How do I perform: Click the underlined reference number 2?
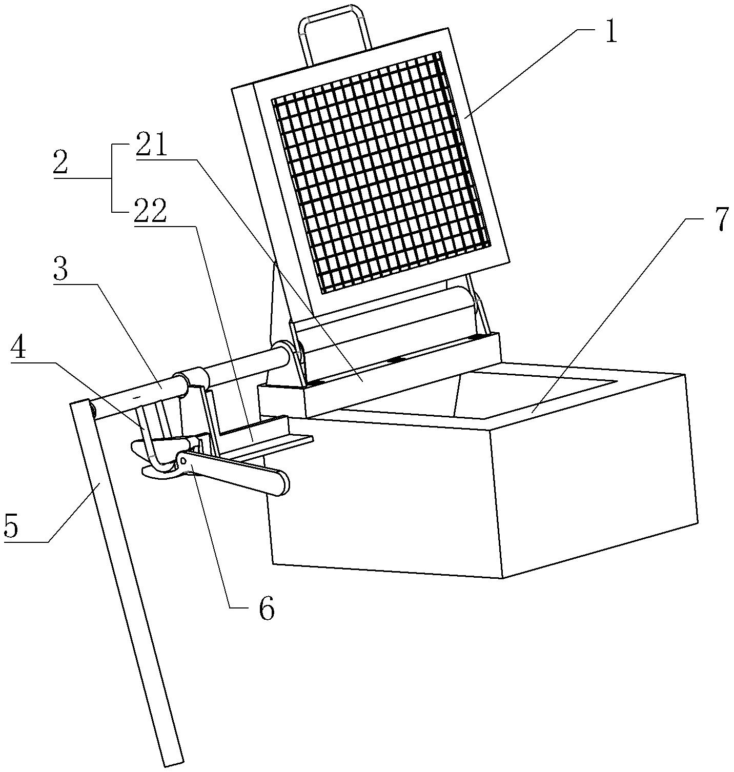[60, 163]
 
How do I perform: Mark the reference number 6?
[266, 608]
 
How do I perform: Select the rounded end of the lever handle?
[280, 482]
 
